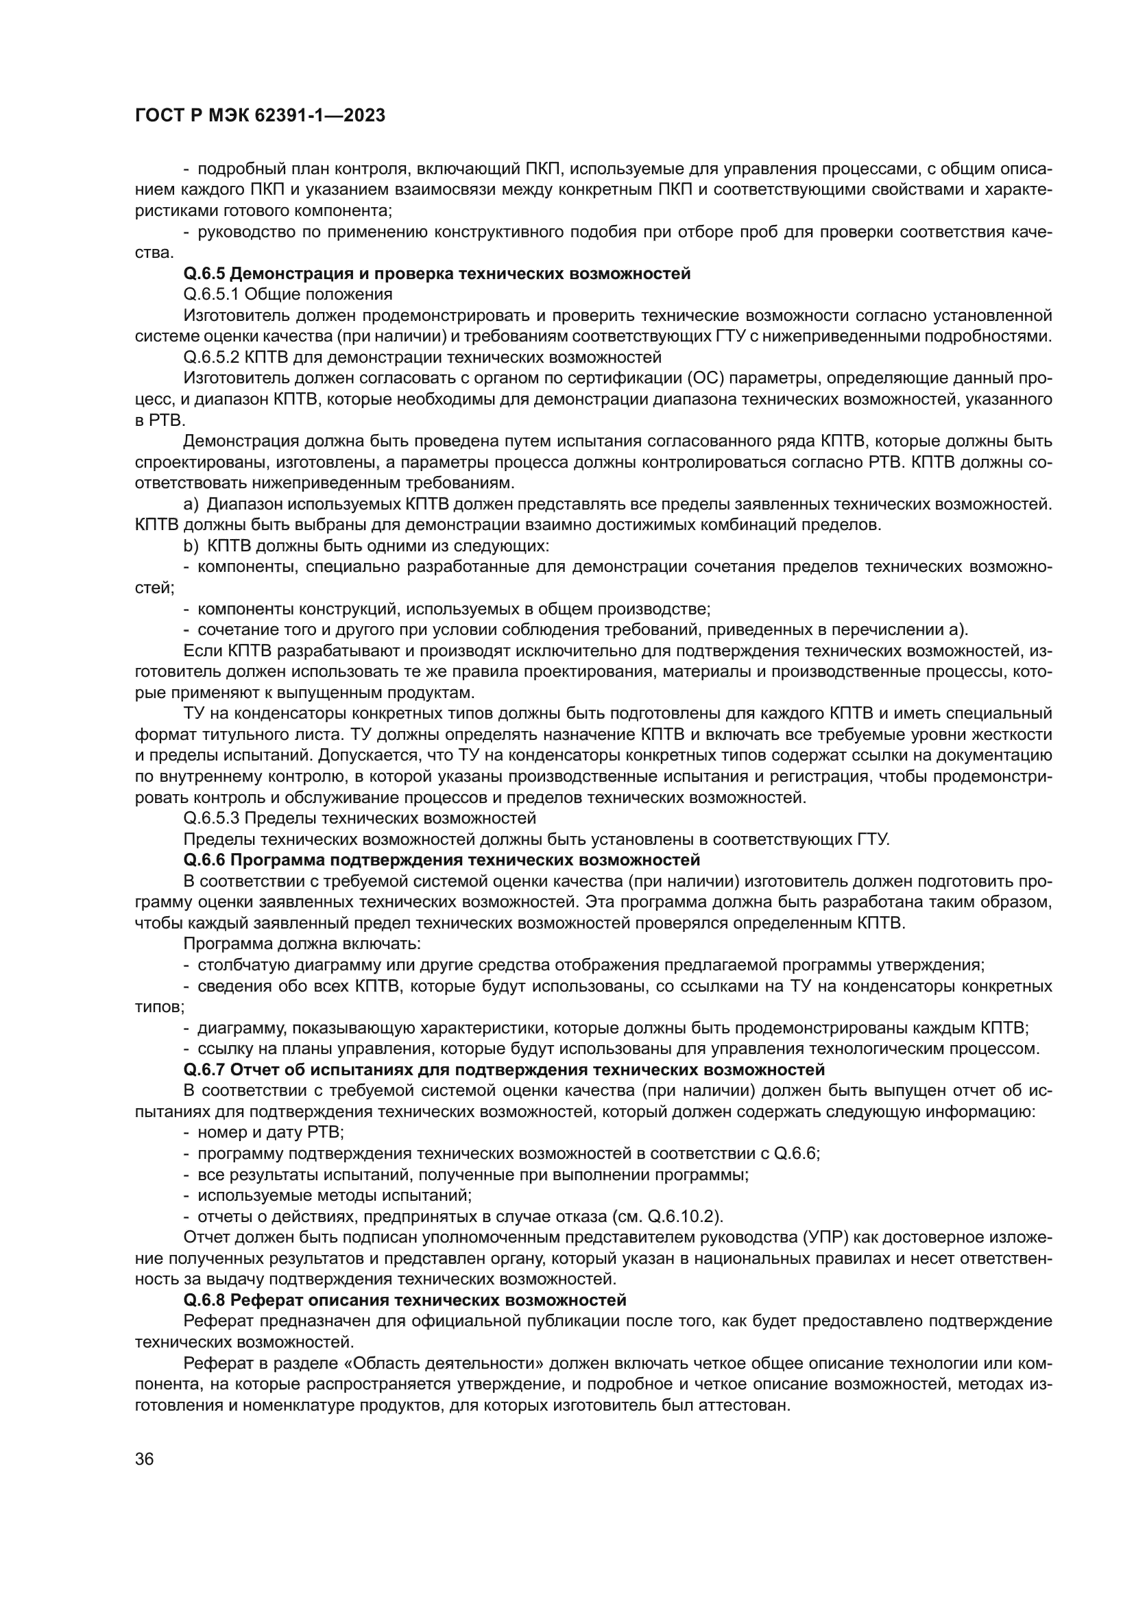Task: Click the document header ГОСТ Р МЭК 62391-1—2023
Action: click(259, 116)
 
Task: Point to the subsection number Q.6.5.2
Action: click(211, 358)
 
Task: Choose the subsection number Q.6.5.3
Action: click(211, 818)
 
